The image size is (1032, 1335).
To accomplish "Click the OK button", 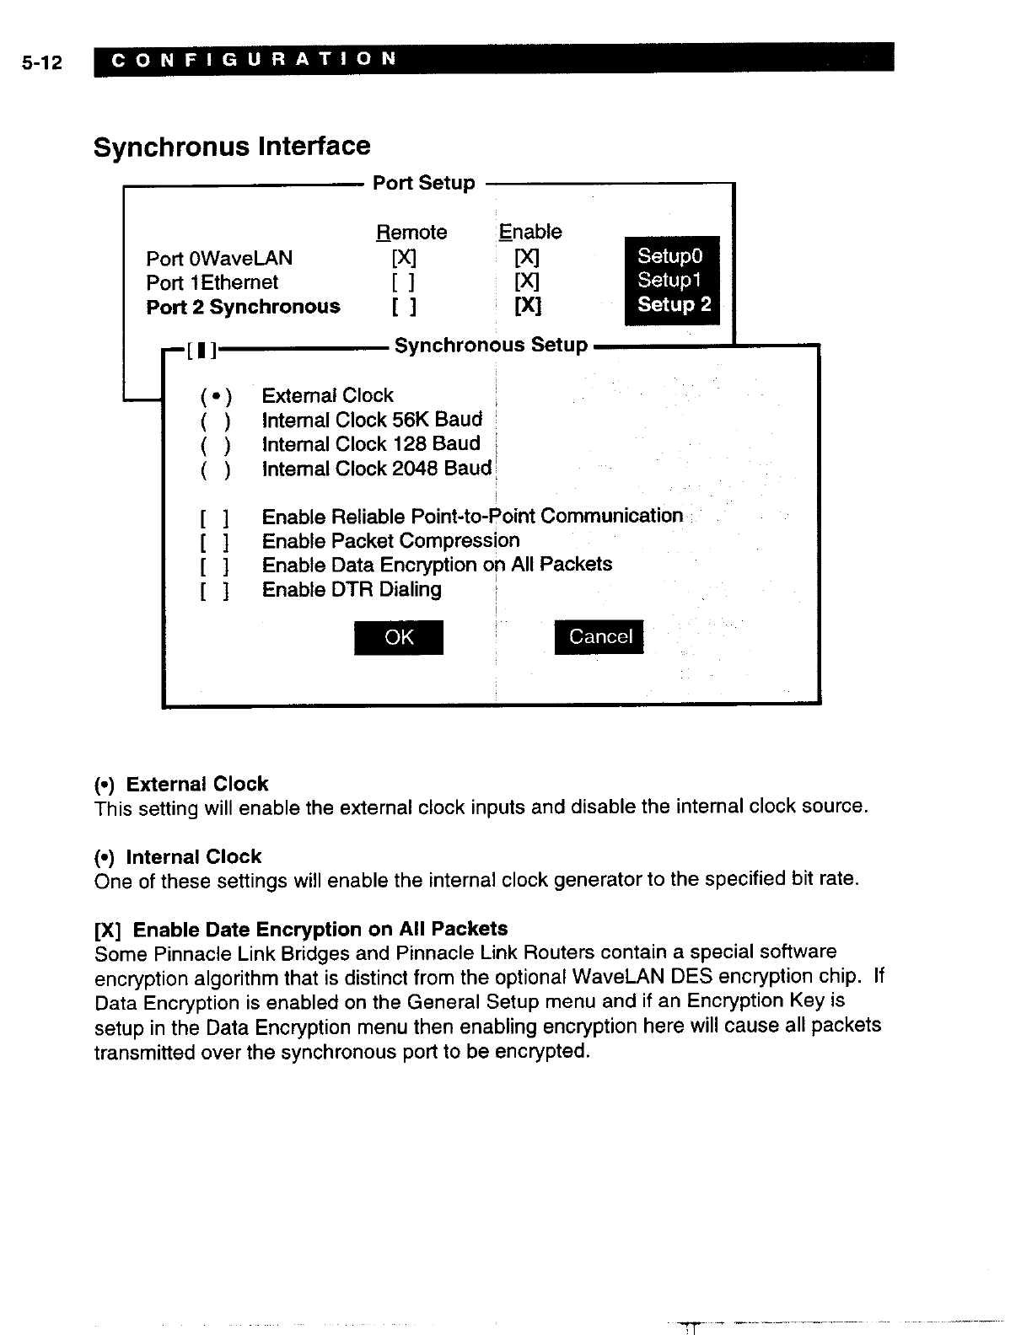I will [398, 637].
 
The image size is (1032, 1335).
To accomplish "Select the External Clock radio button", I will [216, 396].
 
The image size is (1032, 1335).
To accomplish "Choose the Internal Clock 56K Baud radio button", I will [216, 421].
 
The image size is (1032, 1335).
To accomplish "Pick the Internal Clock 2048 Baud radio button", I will [216, 469].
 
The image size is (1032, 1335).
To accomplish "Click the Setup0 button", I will [670, 255].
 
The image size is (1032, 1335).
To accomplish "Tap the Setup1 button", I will [670, 280].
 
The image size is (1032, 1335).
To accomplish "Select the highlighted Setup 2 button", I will [673, 304].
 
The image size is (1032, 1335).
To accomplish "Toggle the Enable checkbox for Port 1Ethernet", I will [528, 281].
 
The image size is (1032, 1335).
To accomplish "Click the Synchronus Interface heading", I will [232, 147].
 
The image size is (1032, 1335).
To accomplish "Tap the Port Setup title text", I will [423, 183].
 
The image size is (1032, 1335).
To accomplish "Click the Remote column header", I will [411, 233].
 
